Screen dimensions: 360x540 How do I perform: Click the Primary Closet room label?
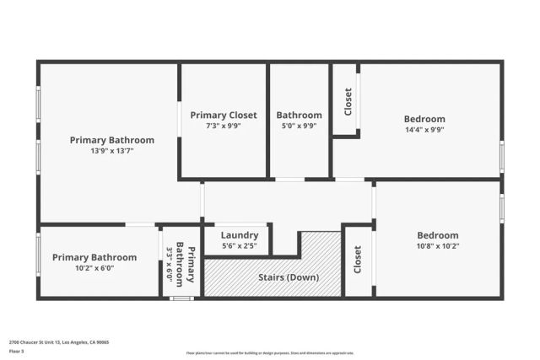point(224,115)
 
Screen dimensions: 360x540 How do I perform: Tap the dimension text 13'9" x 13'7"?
point(112,151)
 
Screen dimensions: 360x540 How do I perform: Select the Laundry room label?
point(240,235)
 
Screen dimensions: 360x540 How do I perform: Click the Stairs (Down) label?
point(289,277)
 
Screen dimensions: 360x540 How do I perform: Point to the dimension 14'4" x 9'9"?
point(424,130)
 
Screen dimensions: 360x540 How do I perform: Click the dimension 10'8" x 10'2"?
point(438,246)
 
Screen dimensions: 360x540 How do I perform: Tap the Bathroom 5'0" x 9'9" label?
point(300,115)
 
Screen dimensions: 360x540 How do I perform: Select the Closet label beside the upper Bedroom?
point(348,102)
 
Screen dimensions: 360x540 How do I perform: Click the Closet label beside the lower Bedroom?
point(358,259)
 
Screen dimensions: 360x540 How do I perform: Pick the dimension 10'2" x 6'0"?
point(94,268)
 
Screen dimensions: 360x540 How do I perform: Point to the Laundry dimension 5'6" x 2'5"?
point(240,246)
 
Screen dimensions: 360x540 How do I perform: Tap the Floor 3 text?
point(16,351)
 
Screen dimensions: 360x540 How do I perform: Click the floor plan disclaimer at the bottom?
point(270,353)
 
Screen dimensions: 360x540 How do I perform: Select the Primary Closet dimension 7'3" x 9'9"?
point(224,126)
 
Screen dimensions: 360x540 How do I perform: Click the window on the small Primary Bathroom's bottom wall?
point(181,298)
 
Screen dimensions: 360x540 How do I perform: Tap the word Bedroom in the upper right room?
point(424,119)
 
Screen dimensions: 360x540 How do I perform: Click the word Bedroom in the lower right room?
point(438,235)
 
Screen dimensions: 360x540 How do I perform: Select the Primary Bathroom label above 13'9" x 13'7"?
point(112,140)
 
